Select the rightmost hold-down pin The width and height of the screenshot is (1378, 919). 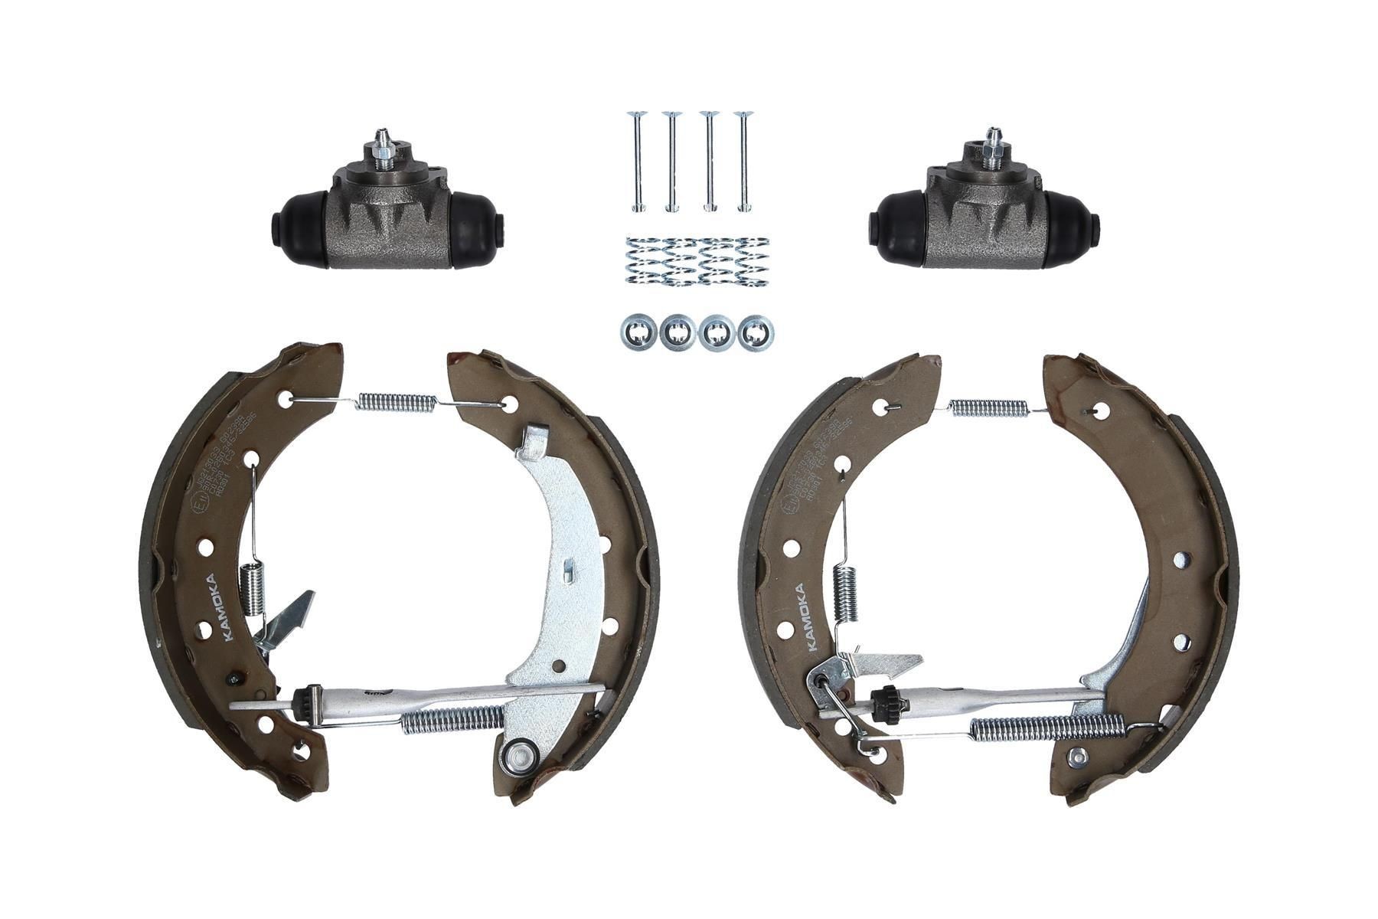coord(742,161)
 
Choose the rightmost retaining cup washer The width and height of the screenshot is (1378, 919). coord(756,332)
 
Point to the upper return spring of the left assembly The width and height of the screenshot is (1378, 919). coord(397,401)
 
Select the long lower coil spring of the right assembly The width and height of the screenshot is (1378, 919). coord(1045,727)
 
